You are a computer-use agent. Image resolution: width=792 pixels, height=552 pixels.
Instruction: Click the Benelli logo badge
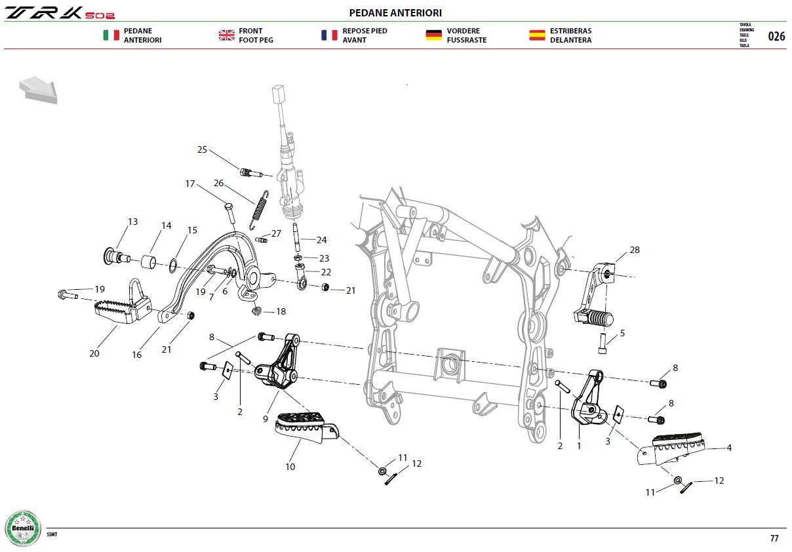tap(23, 528)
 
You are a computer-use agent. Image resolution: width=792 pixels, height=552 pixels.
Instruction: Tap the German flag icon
tap(434, 35)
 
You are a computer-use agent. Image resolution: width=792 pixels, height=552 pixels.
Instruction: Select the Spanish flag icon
tap(537, 35)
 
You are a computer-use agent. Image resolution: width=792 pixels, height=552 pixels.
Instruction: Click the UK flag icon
tap(227, 35)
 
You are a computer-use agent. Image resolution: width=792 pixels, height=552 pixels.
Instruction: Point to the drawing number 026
tap(776, 36)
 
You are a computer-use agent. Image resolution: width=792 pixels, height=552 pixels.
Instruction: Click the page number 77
tap(774, 538)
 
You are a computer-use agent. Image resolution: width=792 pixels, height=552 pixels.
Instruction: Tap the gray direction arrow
tap(39, 90)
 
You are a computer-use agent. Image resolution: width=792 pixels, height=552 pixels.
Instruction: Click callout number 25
tap(202, 149)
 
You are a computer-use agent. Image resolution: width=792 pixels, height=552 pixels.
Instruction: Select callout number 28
tap(635, 250)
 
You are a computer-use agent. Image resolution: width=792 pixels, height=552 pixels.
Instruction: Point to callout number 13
tap(133, 222)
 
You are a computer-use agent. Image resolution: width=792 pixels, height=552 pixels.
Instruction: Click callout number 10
tap(290, 467)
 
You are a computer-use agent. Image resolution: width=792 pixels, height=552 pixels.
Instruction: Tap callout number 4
tap(729, 448)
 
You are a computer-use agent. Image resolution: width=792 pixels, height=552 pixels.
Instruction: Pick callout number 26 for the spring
tap(218, 183)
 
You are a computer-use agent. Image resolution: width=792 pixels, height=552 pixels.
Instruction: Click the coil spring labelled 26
tap(259, 210)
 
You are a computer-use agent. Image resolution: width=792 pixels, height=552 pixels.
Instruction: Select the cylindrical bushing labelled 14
tap(149, 262)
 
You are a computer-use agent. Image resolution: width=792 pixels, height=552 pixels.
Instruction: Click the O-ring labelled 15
tap(173, 266)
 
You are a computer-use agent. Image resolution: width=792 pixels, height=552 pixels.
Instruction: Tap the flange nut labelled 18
tap(257, 311)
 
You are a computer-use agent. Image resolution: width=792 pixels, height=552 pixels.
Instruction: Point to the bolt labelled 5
tap(603, 344)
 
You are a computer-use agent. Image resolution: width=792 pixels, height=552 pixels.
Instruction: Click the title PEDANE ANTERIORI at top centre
tap(395, 13)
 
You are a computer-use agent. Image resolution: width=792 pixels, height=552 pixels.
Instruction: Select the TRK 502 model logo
tap(60, 13)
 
